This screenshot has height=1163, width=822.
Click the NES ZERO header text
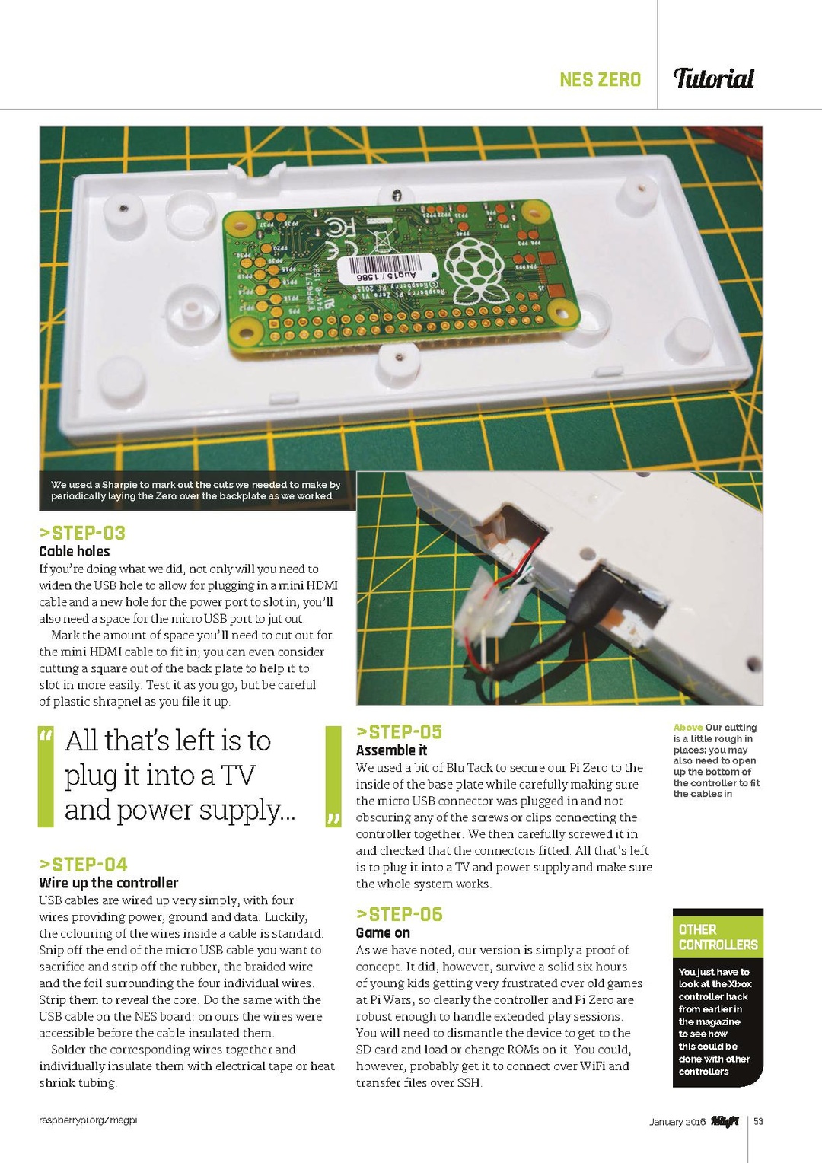tap(600, 79)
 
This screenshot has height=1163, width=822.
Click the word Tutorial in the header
tap(713, 78)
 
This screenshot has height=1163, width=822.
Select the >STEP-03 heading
tap(82, 533)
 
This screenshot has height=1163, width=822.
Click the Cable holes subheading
tap(75, 551)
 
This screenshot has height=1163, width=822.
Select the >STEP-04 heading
tap(83, 865)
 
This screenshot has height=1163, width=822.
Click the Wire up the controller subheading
tap(108, 883)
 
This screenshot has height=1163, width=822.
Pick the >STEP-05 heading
tap(399, 732)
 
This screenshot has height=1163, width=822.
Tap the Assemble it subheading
tap(391, 750)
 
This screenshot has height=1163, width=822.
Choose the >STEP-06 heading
tap(399, 914)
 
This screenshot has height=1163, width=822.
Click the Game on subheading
tap(383, 933)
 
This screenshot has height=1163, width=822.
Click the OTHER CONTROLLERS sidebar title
tap(718, 937)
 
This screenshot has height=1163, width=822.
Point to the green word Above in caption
tap(688, 728)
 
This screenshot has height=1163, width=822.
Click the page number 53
tap(758, 1121)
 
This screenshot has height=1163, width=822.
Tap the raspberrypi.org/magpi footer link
tap(88, 1120)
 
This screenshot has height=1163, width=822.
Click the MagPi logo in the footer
tap(725, 1121)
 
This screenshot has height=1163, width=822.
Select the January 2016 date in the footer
tap(677, 1122)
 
